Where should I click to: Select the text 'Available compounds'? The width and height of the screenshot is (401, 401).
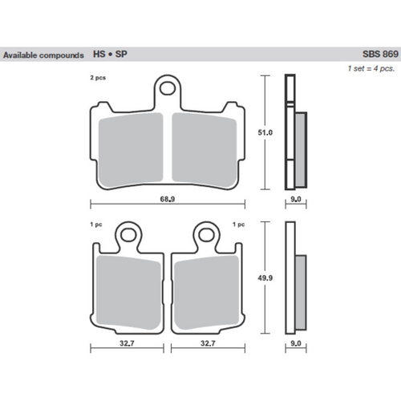(x=44, y=56)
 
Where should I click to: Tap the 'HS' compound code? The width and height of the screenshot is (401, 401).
(x=99, y=56)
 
